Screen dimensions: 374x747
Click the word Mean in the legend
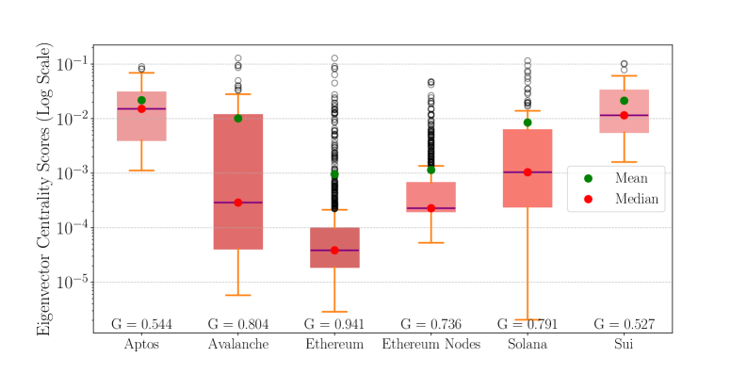[x=631, y=178]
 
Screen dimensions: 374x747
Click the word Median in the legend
[x=637, y=199]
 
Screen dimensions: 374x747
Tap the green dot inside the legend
[x=588, y=178]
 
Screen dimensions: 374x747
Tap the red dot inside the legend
[x=588, y=199]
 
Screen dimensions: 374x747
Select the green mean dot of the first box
[x=141, y=100]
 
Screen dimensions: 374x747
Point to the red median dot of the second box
[x=237, y=203]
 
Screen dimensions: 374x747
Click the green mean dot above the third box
[x=334, y=174]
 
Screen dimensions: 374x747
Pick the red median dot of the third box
[x=334, y=251]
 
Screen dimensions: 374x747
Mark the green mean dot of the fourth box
[x=431, y=170]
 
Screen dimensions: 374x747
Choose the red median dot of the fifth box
[x=528, y=172]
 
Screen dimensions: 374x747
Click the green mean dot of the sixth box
[x=624, y=101]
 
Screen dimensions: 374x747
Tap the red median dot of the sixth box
[x=624, y=115]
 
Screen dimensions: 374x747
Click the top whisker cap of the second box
[x=237, y=94]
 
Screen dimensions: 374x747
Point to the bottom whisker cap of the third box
[x=334, y=311]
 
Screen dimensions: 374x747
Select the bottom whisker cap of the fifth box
[x=528, y=319]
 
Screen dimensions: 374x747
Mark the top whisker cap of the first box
[x=141, y=73]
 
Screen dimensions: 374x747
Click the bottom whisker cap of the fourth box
[x=431, y=242]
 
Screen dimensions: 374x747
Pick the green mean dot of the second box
[x=237, y=118]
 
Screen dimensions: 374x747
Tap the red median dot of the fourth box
[x=431, y=208]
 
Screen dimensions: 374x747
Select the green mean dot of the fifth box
[x=528, y=122]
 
